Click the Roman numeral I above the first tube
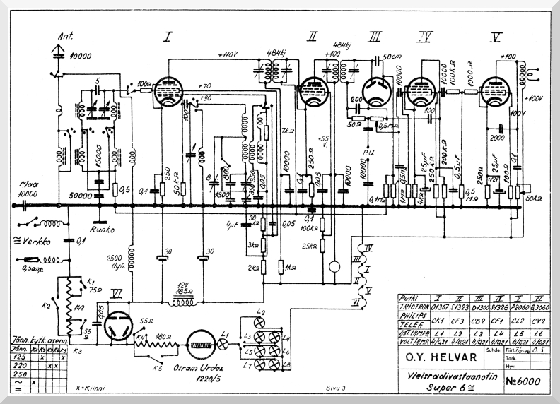pos(168,37)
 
